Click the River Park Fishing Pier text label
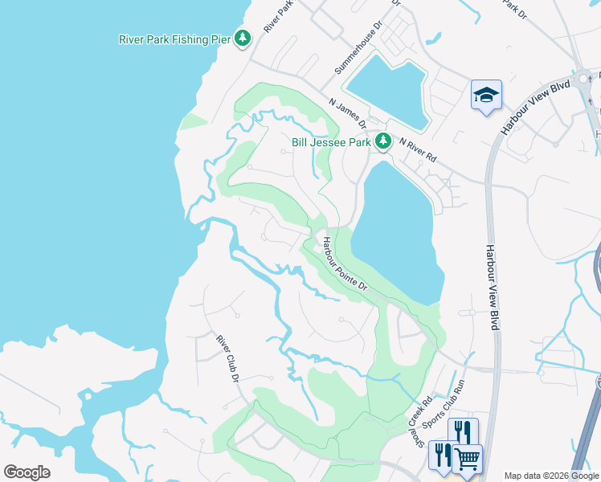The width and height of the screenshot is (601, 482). point(174,39)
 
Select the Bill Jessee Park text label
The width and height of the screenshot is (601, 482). point(331,142)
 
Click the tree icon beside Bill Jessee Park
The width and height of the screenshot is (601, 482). point(383,141)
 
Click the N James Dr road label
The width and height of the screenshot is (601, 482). point(348,113)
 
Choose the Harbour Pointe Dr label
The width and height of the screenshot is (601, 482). point(345,263)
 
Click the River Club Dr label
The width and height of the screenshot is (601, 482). point(229,357)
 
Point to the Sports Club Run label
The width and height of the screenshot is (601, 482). point(454,402)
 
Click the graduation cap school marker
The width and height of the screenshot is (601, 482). point(486,96)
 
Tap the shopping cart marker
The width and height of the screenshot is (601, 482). point(467,459)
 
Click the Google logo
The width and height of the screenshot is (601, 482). point(27,472)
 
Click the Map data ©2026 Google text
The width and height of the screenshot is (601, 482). point(551,476)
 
